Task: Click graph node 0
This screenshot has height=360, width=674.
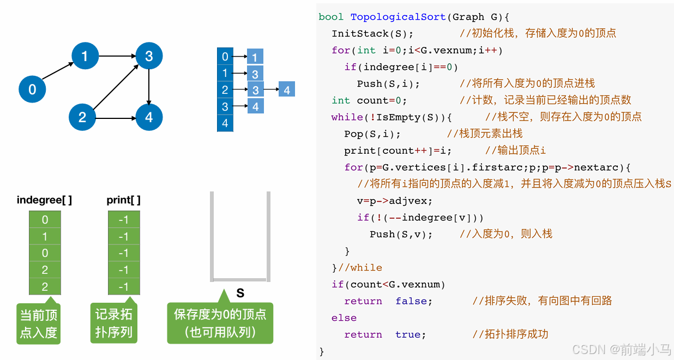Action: click(x=32, y=89)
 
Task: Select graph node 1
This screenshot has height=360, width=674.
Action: click(x=84, y=56)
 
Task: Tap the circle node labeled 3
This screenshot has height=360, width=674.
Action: click(x=149, y=56)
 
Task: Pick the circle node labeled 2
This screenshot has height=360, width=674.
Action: click(x=82, y=117)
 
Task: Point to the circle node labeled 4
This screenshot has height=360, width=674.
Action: click(x=149, y=117)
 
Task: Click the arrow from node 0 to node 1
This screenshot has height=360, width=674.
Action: click(x=58, y=71)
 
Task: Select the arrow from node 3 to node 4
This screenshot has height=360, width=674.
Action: click(x=149, y=86)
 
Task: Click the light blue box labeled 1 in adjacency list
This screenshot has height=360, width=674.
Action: click(x=255, y=57)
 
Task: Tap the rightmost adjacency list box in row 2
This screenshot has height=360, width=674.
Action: click(x=287, y=90)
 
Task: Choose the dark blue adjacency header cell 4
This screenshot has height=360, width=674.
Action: click(x=225, y=123)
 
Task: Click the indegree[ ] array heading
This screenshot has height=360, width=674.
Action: click(x=44, y=200)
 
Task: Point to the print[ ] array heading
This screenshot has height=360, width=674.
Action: click(x=123, y=200)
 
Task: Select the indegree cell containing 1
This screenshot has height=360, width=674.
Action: click(x=45, y=237)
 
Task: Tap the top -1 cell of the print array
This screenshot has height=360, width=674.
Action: click(x=124, y=220)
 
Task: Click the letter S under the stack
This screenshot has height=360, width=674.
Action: click(x=240, y=293)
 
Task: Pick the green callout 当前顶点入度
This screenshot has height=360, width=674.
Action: click(x=39, y=324)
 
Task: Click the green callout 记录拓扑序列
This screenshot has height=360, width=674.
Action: click(x=113, y=323)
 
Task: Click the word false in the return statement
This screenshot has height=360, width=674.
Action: click(x=414, y=301)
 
